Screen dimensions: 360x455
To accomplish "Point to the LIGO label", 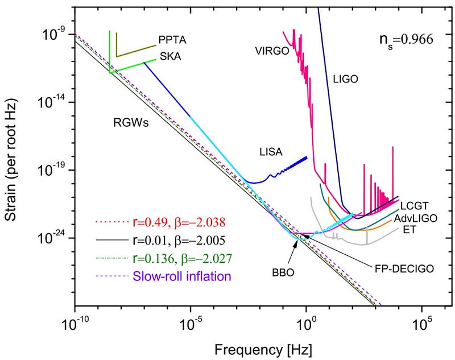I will click(345, 80).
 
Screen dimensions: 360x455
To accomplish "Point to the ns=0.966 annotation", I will click(406, 40).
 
